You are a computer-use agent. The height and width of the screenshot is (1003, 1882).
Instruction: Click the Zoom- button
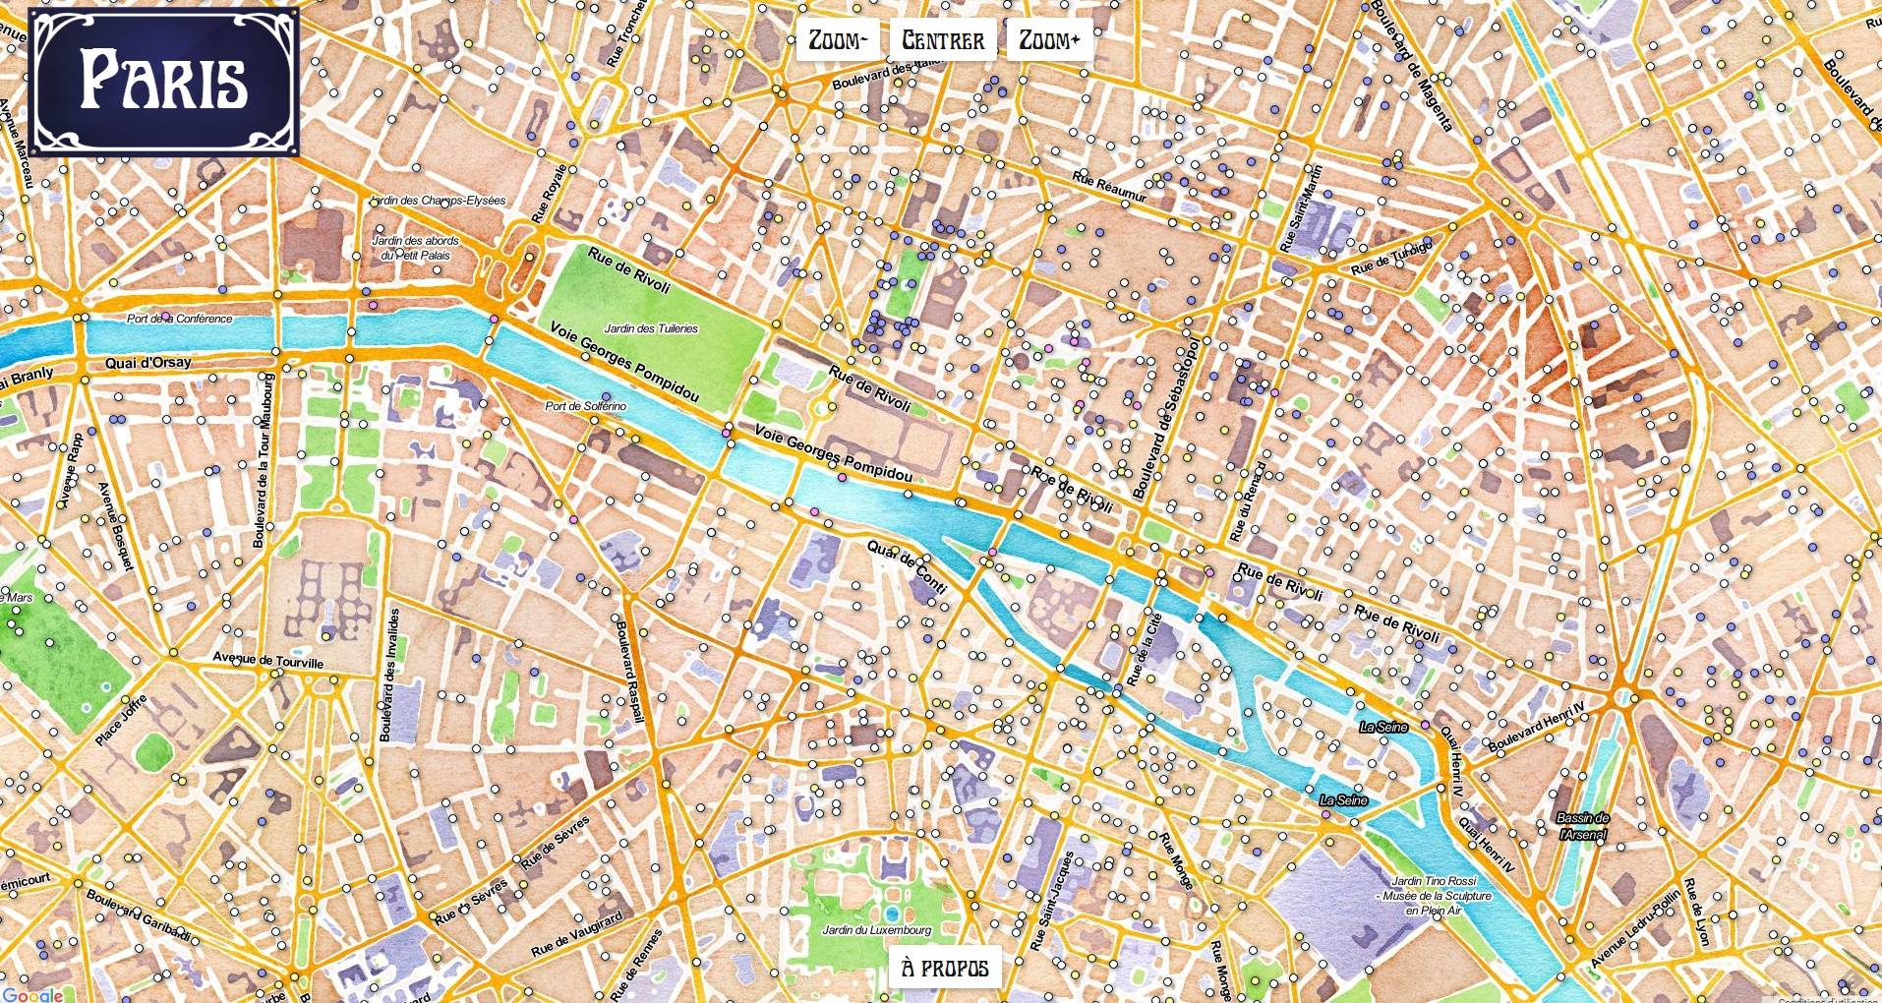838,40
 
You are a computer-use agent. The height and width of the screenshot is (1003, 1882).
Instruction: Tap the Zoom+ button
1049,40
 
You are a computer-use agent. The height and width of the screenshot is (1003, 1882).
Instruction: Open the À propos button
945,968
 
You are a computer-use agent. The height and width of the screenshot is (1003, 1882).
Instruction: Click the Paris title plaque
164,82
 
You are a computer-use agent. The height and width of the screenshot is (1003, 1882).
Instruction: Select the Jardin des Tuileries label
651,328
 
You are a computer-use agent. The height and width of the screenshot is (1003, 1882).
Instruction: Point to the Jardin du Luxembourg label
876,929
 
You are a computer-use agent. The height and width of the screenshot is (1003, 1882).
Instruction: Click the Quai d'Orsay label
148,363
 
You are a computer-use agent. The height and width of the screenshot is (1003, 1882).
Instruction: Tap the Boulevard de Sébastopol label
1166,420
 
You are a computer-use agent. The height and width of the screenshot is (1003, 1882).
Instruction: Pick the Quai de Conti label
907,565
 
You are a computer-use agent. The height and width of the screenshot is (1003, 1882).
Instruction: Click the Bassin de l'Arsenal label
1583,826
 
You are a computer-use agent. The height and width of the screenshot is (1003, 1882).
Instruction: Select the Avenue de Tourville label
268,660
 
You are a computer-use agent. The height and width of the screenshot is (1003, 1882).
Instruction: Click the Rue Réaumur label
1110,188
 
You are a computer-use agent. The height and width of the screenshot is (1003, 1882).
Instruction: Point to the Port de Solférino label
585,406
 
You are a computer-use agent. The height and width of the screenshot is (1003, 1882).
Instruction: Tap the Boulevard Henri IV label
1536,727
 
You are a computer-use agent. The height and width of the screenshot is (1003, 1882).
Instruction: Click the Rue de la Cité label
1144,649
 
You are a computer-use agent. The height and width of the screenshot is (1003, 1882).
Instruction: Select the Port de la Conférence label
180,319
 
